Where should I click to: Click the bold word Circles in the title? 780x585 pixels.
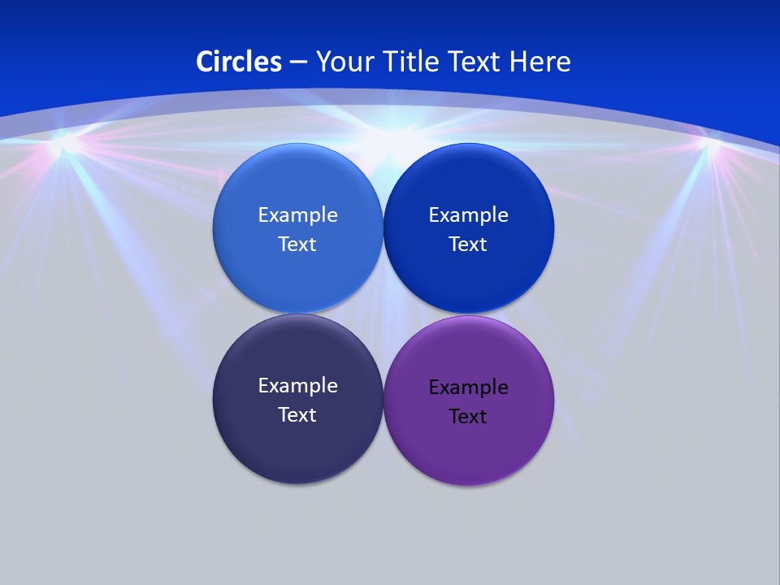pyautogui.click(x=239, y=62)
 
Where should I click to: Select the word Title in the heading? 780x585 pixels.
pyautogui.click(x=413, y=62)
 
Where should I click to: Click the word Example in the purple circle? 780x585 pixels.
pyautogui.click(x=468, y=388)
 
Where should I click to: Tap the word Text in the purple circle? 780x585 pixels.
pyautogui.click(x=468, y=417)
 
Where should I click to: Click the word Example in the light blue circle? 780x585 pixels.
pyautogui.click(x=297, y=215)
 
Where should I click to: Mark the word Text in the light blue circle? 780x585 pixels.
pyautogui.click(x=297, y=245)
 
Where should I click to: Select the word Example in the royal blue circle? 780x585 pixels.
pyautogui.click(x=468, y=215)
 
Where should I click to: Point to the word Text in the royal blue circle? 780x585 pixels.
pyautogui.click(x=468, y=245)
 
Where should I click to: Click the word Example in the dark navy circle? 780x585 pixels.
pyautogui.click(x=297, y=386)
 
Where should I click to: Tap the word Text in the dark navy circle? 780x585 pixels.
pyautogui.click(x=297, y=415)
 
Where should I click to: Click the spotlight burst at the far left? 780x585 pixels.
pyautogui.click(x=63, y=147)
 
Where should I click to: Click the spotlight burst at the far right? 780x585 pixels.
pyautogui.click(x=712, y=147)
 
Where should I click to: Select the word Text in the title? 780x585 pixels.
pyautogui.click(x=476, y=62)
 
